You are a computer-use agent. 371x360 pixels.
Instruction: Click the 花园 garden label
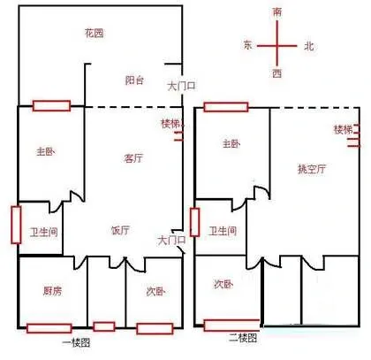pyautogui.click(x=95, y=33)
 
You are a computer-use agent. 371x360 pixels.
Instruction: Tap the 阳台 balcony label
pyautogui.click(x=134, y=80)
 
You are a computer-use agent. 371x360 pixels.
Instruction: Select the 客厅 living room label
pyautogui.click(x=133, y=158)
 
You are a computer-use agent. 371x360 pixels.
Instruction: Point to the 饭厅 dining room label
pyautogui.click(x=120, y=230)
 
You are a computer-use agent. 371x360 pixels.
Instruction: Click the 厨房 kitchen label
pyautogui.click(x=53, y=291)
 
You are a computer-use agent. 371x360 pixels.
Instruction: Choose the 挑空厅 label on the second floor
pyautogui.click(x=312, y=169)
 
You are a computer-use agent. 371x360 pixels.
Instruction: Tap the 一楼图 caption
pyautogui.click(x=76, y=343)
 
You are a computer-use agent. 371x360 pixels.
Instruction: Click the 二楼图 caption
pyautogui.click(x=243, y=338)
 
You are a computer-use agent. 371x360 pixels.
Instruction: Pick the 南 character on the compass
pyautogui.click(x=277, y=12)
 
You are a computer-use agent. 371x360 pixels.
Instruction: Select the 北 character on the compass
pyautogui.click(x=309, y=46)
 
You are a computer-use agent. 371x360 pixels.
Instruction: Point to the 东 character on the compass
pyautogui.click(x=248, y=45)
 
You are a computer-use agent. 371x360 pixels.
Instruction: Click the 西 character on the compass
pyautogui.click(x=276, y=73)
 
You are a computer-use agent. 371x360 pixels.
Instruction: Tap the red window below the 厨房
pyautogui.click(x=49, y=328)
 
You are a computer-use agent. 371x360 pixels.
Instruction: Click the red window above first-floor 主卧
pyautogui.click(x=51, y=105)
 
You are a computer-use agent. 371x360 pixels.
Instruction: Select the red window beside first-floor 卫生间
pyautogui.click(x=16, y=225)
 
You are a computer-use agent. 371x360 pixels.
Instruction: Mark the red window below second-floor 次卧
pyautogui.click(x=231, y=326)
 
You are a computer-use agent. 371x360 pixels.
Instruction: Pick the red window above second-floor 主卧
pyautogui.click(x=226, y=107)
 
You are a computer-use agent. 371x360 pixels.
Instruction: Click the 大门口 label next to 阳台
pyautogui.click(x=181, y=87)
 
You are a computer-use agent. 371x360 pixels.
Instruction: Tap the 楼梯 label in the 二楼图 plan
pyautogui.click(x=343, y=130)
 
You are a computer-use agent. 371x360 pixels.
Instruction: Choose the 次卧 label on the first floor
pyautogui.click(x=155, y=292)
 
